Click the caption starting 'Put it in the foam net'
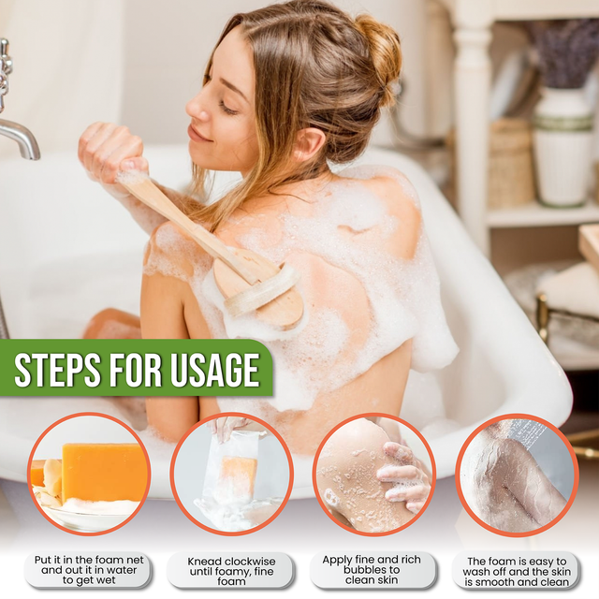[86, 569]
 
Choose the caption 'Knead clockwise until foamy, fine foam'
[230, 569]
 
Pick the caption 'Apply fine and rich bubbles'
[373, 569]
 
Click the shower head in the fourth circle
[533, 432]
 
